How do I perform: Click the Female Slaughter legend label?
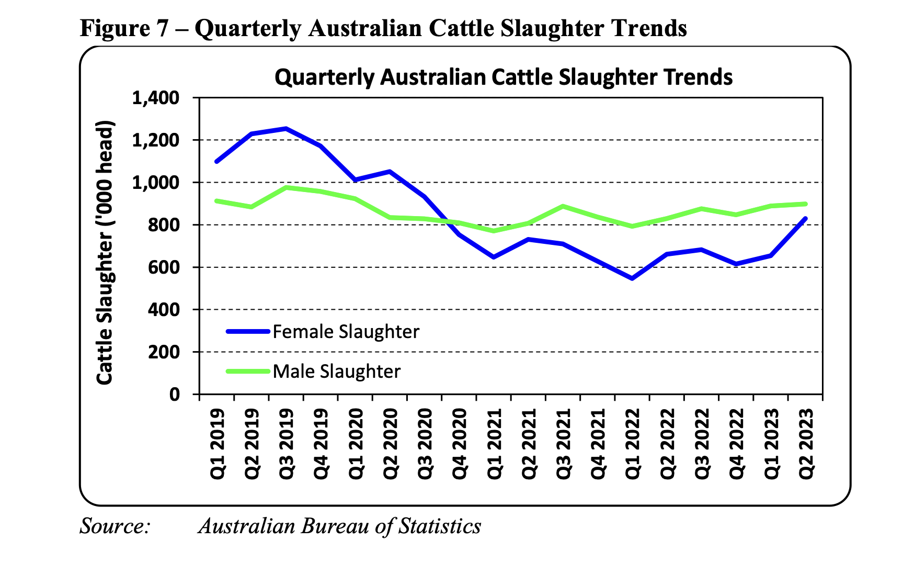[x=346, y=332]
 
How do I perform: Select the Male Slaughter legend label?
[x=336, y=371]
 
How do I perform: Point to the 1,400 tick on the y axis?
[x=156, y=98]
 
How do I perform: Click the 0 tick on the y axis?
[x=174, y=395]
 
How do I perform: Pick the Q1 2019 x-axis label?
[x=217, y=443]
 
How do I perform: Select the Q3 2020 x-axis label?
[x=425, y=443]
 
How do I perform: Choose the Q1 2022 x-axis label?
[x=632, y=443]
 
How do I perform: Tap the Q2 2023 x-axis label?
[x=806, y=443]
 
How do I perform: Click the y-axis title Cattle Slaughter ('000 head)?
[x=105, y=253]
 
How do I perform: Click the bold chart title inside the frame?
[x=503, y=77]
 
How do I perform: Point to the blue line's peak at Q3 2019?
[x=285, y=128]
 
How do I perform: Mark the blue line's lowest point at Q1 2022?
[x=632, y=278]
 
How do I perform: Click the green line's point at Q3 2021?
[x=563, y=206]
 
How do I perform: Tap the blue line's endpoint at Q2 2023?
[x=805, y=219]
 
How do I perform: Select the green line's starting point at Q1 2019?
[x=216, y=201]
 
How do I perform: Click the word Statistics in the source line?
[x=439, y=526]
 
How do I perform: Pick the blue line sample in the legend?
[x=248, y=331]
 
